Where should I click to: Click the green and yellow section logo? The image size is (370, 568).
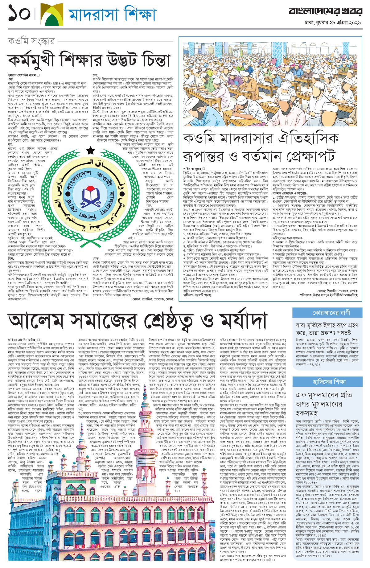click(52, 14)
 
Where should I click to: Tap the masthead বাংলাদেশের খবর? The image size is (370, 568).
click(325, 11)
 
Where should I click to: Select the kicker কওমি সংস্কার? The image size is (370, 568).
click(31, 41)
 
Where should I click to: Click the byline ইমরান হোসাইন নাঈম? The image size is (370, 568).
click(22, 75)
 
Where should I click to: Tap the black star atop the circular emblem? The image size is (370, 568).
click(90, 151)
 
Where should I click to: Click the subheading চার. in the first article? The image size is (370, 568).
click(96, 75)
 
